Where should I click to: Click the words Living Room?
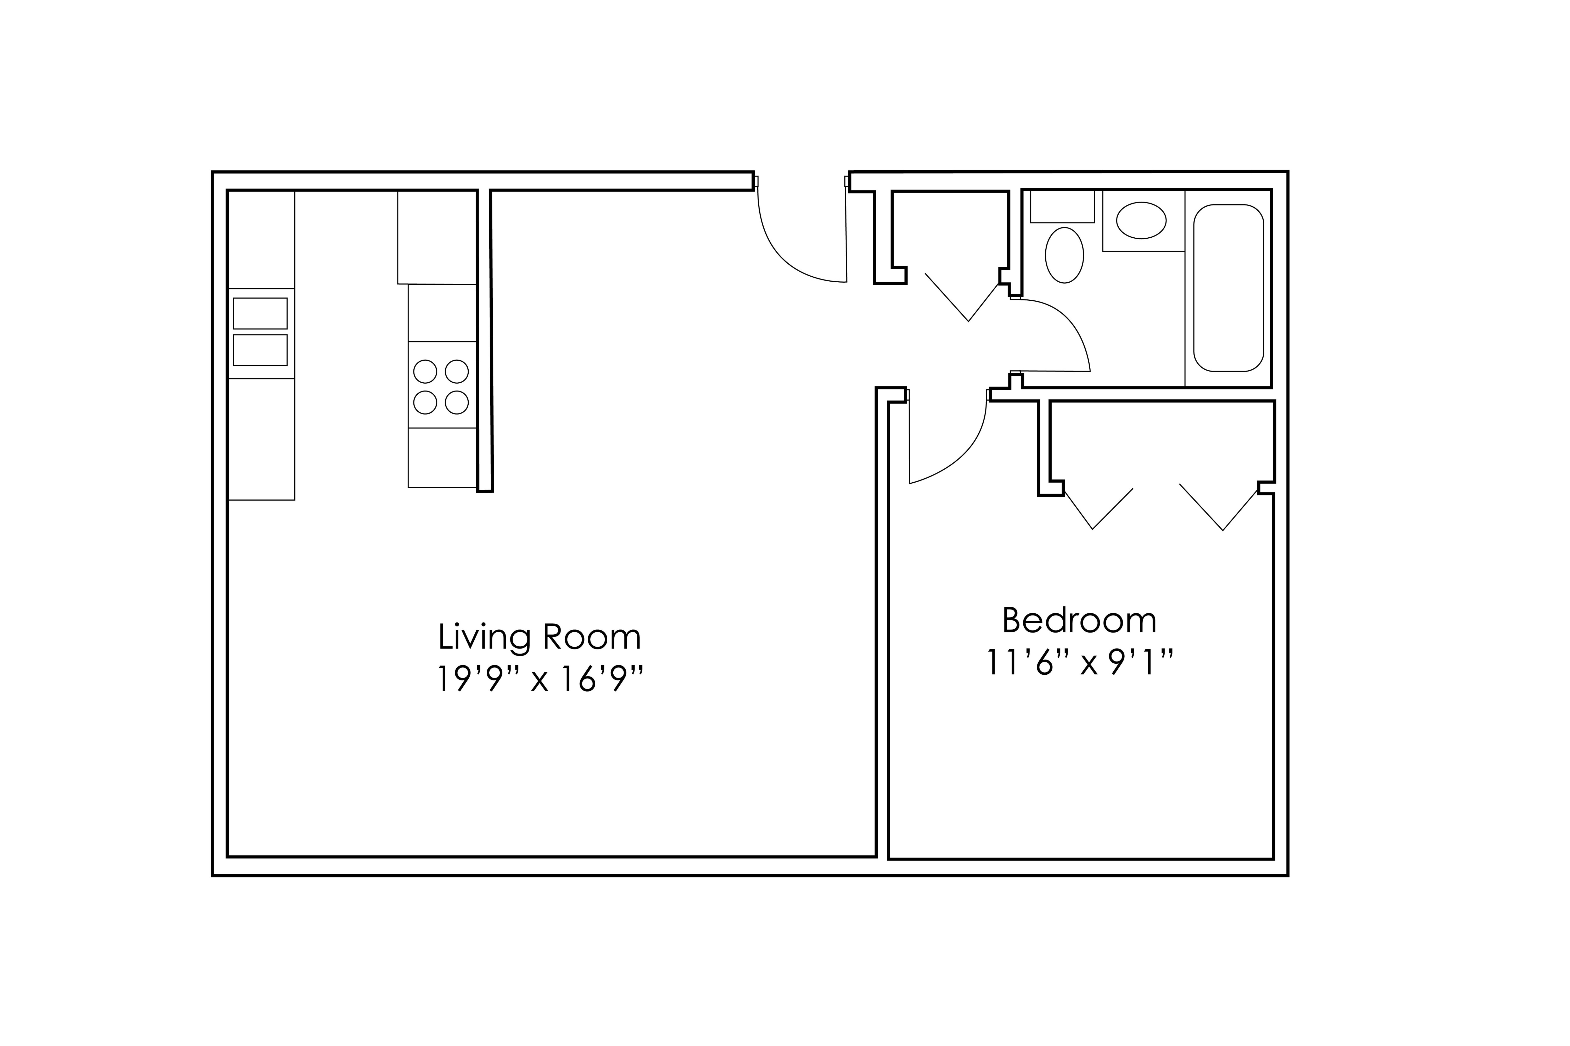click(539, 638)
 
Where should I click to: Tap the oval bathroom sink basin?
click(1141, 220)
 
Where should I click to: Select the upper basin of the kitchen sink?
click(260, 314)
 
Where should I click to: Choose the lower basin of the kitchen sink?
click(260, 350)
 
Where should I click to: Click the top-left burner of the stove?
click(425, 372)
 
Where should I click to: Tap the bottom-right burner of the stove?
click(457, 402)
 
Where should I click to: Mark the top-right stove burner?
click(457, 372)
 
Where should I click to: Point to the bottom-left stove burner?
click(425, 402)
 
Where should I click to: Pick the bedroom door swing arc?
click(967, 454)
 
